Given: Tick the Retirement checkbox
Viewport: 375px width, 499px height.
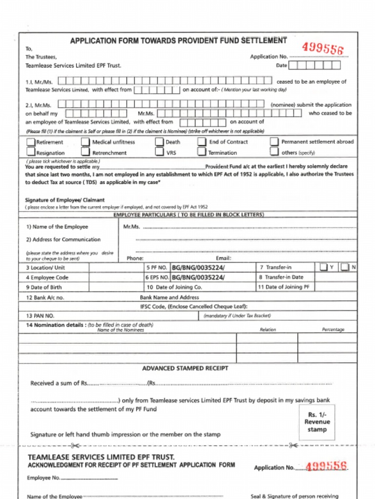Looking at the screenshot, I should (x=31, y=142).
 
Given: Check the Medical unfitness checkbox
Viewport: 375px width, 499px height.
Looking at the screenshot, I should (x=85, y=142).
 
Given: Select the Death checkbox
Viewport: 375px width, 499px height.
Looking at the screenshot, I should (x=159, y=142).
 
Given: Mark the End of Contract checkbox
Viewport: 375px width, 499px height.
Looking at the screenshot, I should (x=202, y=142).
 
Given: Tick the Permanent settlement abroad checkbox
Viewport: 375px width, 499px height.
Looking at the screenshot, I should (x=274, y=142).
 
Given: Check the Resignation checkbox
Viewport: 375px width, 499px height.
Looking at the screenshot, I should (x=31, y=152).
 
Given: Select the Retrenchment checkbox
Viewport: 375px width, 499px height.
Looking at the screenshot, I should (x=85, y=152).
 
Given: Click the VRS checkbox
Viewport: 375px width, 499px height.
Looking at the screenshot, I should (x=159, y=152).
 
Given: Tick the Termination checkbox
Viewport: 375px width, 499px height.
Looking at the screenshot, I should (x=202, y=152).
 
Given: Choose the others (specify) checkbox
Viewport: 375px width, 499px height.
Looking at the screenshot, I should (x=274, y=152).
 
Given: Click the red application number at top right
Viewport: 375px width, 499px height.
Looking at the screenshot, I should (x=322, y=48).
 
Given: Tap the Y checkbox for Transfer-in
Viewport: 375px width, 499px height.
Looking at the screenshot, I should (x=324, y=267).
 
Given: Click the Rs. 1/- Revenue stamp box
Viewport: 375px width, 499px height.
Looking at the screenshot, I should (x=317, y=422).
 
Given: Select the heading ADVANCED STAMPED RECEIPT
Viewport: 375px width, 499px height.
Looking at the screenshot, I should (x=185, y=368).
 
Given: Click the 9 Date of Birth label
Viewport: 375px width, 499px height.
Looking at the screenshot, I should (x=44, y=288).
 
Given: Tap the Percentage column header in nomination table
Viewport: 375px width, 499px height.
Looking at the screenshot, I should (x=333, y=330).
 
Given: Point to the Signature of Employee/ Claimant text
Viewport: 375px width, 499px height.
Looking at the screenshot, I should (x=64, y=200).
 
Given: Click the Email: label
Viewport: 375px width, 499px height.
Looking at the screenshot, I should (x=224, y=258).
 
